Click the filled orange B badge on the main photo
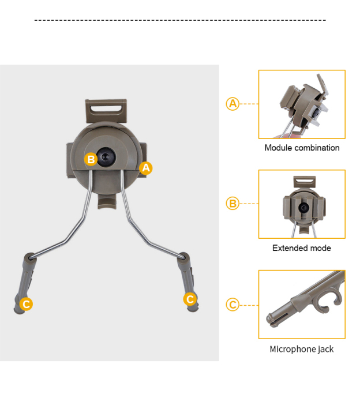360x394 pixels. [x=91, y=159]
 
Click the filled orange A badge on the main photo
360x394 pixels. [x=146, y=168]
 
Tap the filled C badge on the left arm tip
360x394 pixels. [x=26, y=304]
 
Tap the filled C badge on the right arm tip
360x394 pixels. [x=190, y=299]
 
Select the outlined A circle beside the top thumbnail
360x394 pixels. [x=232, y=104]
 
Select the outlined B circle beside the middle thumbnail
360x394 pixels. [x=232, y=204]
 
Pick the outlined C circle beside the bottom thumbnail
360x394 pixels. [x=232, y=305]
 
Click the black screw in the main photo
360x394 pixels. [x=106, y=156]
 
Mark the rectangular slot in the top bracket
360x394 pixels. [x=106, y=109]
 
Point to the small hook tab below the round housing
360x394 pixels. [x=107, y=201]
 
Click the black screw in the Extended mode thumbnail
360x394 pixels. [x=304, y=208]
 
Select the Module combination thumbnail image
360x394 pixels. [x=302, y=104]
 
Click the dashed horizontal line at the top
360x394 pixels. [x=180, y=20]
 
